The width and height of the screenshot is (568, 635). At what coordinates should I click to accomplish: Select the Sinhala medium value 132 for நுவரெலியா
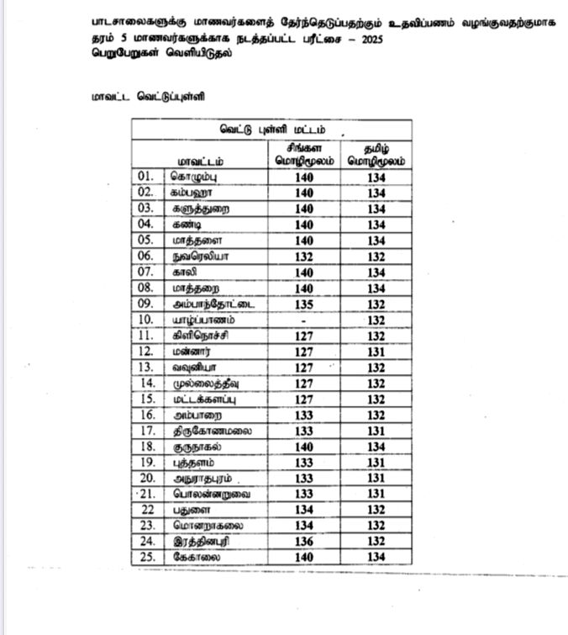coord(304,257)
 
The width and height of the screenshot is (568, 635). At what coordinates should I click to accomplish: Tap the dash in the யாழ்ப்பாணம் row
coord(304,320)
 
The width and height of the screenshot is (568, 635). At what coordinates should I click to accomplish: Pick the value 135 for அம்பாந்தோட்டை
coord(304,304)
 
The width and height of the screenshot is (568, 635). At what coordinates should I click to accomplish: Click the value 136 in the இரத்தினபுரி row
coord(304,542)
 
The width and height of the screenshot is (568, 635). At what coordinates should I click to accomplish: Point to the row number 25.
coord(145,558)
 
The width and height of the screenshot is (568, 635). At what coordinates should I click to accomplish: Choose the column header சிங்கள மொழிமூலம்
coord(304,154)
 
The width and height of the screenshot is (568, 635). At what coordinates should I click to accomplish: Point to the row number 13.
coord(145,368)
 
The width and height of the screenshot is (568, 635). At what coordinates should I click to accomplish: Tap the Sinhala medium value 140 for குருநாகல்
coord(304,447)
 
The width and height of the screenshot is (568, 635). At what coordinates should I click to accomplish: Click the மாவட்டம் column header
coord(199,160)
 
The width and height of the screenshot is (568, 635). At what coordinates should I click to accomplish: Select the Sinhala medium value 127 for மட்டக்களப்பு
coord(304,400)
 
